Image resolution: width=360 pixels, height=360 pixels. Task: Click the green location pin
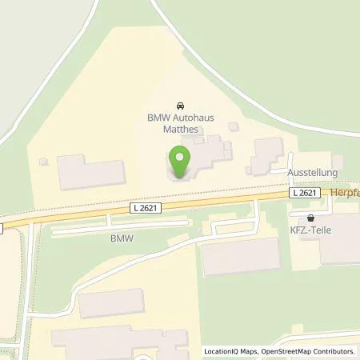(180, 160)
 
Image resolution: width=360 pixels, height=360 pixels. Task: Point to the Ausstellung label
(313, 173)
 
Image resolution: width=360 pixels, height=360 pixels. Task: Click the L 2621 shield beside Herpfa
(305, 194)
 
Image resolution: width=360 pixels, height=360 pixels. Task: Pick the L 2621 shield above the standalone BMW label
(145, 208)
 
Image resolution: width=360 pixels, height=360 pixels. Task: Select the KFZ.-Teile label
(318, 230)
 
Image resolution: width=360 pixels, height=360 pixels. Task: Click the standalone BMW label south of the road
(121, 238)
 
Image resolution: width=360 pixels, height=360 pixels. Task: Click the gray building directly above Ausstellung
(268, 154)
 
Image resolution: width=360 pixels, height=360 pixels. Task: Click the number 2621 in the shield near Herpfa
(309, 194)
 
